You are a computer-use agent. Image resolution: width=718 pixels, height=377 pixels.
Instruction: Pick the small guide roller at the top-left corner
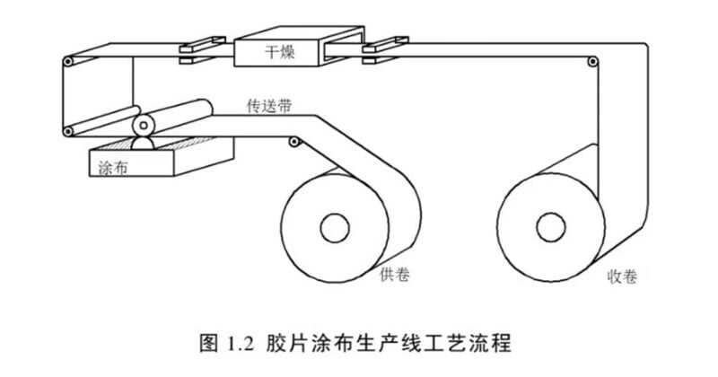[67, 62]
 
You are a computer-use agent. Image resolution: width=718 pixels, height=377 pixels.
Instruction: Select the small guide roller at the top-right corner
[591, 62]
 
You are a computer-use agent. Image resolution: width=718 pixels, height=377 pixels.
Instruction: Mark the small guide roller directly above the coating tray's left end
[67, 133]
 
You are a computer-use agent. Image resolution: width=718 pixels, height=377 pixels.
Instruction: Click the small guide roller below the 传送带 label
[293, 141]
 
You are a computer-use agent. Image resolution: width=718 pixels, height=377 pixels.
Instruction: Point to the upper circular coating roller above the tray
[142, 122]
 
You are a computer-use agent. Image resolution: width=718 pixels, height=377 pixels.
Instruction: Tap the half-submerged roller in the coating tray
[142, 143]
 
